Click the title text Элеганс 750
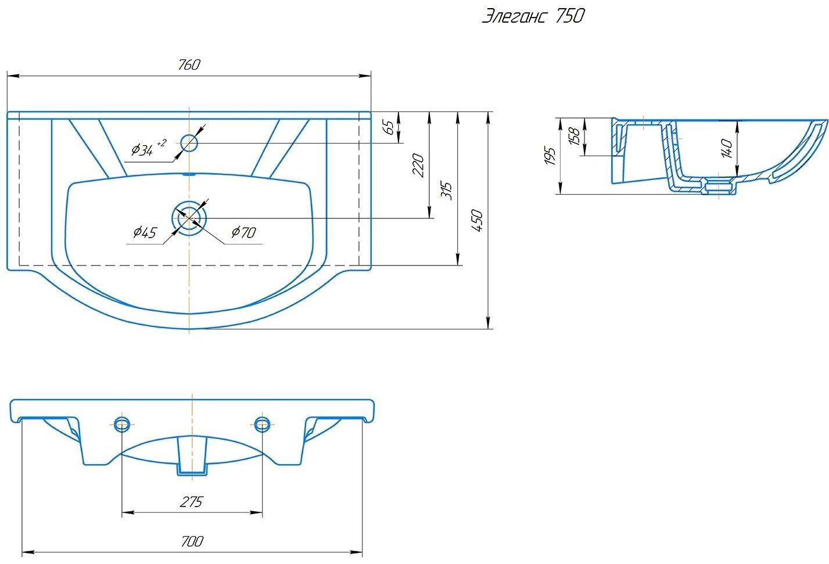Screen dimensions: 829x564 [x=533, y=16]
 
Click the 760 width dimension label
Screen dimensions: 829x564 [x=189, y=64]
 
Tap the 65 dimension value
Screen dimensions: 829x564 [x=389, y=128]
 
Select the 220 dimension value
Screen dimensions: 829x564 [x=418, y=165]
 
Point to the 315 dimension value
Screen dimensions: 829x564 [x=447, y=191]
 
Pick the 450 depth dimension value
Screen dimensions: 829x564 [x=478, y=221]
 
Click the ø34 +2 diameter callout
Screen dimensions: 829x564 [x=149, y=148]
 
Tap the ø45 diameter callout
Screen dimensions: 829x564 [x=145, y=232]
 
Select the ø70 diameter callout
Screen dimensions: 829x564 [x=243, y=232]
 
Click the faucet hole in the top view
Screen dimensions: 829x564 [x=189, y=143]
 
